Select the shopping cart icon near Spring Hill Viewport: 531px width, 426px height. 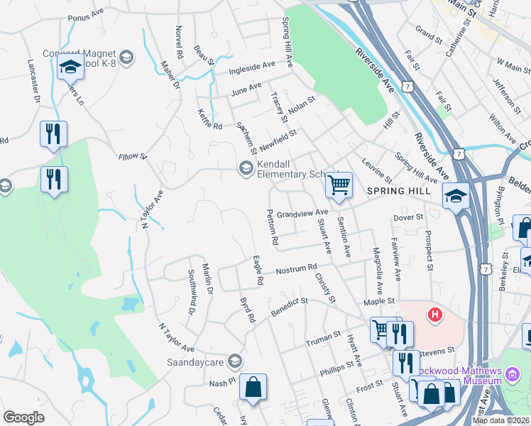(x=339, y=185)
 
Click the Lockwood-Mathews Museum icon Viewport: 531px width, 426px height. (x=513, y=374)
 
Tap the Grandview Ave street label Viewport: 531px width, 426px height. (x=302, y=212)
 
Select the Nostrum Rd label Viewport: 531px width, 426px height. (x=295, y=268)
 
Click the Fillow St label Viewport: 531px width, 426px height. (x=132, y=156)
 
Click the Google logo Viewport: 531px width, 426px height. (x=23, y=417)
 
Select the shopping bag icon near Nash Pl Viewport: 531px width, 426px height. (x=253, y=387)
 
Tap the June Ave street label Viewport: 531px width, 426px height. (x=246, y=90)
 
